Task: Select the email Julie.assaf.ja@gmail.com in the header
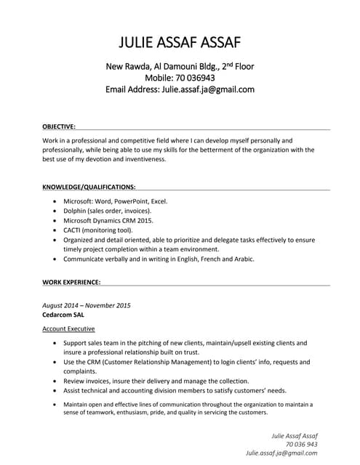[207, 89]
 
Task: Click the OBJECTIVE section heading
[59, 126]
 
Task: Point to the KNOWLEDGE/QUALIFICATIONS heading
[89, 186]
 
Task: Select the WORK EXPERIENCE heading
[71, 281]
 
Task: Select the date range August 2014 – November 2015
[87, 305]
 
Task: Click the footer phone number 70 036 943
[302, 443]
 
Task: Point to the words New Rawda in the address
[127, 66]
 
